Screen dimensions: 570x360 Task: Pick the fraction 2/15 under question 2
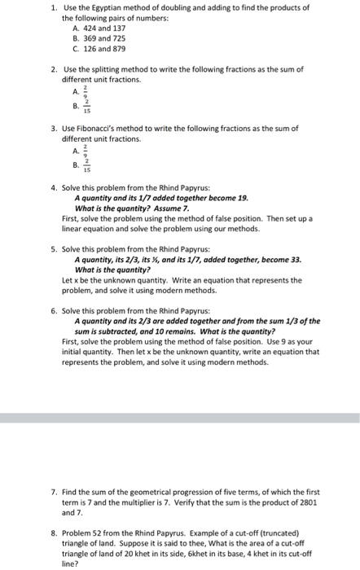point(86,105)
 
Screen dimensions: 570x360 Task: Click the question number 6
point(53,310)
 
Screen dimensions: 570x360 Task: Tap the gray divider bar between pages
point(180,417)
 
